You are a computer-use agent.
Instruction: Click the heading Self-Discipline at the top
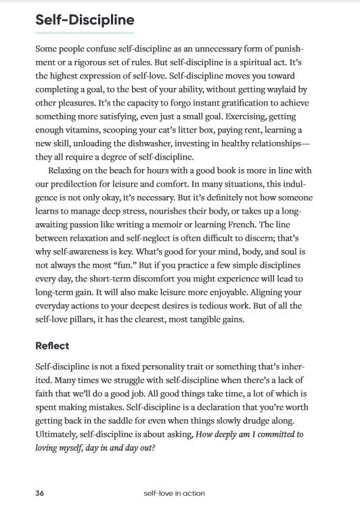click(85, 20)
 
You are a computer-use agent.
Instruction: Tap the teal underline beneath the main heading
click(85, 32)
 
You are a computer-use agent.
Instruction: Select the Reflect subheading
click(52, 346)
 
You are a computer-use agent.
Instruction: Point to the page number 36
click(40, 493)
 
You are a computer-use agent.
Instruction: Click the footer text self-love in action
click(174, 493)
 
